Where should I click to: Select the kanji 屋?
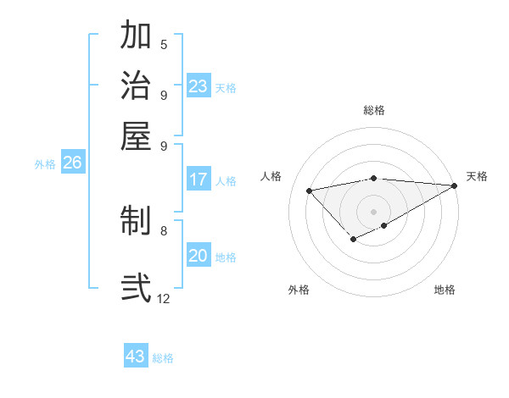[136, 135]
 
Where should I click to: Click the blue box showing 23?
[199, 86]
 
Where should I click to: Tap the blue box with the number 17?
[199, 180]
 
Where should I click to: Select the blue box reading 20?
[199, 256]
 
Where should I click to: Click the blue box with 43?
[136, 357]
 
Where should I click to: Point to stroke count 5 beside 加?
[164, 44]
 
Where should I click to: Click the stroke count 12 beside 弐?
[164, 298]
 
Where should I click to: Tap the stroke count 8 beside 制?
[164, 229]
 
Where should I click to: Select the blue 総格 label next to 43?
[164, 358]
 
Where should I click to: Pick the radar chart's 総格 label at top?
[373, 110]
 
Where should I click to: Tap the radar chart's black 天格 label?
[477, 176]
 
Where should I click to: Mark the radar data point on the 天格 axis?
[455, 185]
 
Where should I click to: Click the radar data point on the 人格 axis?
[310, 190]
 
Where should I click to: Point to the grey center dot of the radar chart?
[373, 211]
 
